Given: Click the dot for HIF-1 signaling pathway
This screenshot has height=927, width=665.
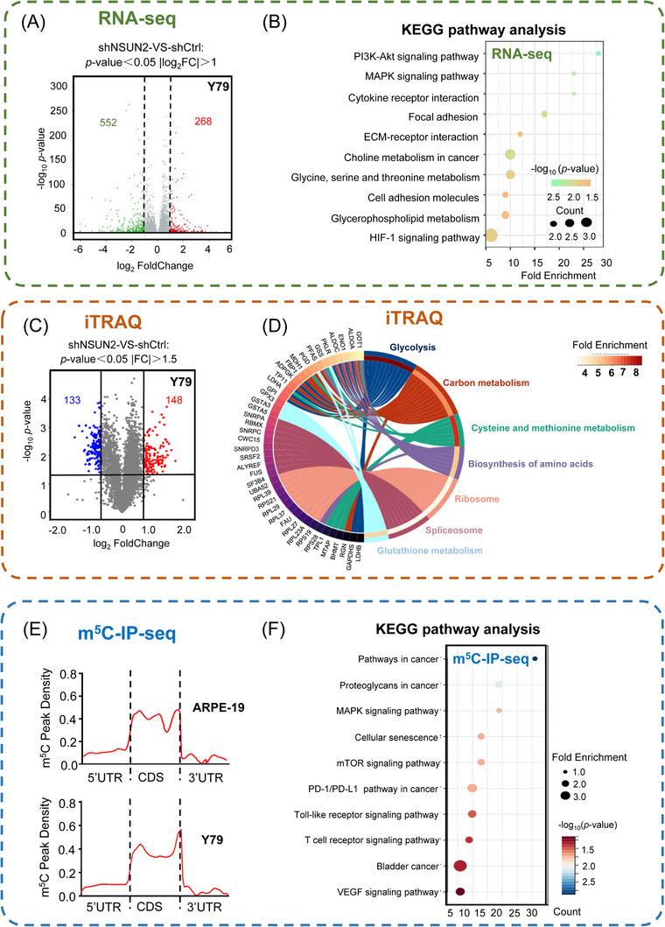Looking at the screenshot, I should (490, 235).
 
